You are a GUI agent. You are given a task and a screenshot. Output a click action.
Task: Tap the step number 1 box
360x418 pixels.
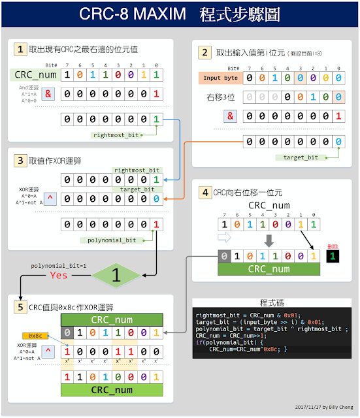coord(21,50)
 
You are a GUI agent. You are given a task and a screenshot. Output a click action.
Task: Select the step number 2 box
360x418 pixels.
coord(205,54)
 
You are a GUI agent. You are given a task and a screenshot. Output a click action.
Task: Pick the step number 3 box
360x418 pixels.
coord(21,159)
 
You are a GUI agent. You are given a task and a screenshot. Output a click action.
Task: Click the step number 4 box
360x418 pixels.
coord(205,193)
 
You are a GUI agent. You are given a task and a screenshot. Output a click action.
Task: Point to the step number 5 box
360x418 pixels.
coord(21,306)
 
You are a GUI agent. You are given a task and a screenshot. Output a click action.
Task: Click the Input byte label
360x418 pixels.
coord(220,78)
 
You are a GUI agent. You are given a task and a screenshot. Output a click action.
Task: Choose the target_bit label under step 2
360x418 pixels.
coord(301,157)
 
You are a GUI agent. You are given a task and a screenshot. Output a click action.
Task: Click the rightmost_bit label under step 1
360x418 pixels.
coord(115,135)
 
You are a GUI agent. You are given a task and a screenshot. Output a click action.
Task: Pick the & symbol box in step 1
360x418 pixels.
coord(47,93)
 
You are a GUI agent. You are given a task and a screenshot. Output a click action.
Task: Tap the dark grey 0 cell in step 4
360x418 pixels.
coord(224,255)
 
